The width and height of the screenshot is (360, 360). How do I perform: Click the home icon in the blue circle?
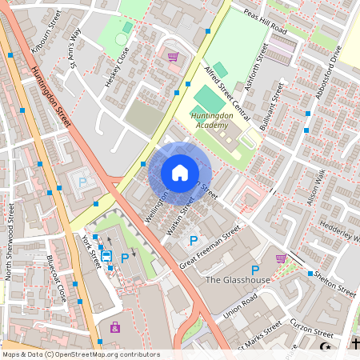[180, 173]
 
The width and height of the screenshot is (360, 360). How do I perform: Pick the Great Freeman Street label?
[210, 247]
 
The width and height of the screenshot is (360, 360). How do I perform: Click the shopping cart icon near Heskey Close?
[173, 57]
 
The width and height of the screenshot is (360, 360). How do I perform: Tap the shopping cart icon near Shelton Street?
[281, 258]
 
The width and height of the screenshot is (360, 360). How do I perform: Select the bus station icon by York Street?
[106, 256]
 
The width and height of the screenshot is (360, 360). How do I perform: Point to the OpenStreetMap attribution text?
[80, 354]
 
